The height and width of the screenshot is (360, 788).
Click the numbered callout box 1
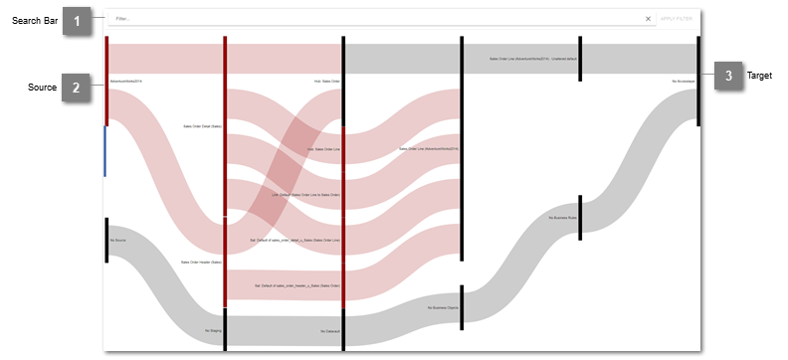[77, 21]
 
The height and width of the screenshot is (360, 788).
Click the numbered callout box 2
[77, 88]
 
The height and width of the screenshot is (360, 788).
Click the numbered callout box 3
[729, 76]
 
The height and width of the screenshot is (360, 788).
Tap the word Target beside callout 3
[761, 76]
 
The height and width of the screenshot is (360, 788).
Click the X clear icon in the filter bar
[648, 19]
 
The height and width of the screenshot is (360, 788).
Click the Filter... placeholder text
[123, 19]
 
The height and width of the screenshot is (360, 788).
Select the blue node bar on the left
[105, 151]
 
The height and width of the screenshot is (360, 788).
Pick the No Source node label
[117, 240]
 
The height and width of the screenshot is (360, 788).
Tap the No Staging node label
[213, 330]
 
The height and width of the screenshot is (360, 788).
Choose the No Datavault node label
[330, 330]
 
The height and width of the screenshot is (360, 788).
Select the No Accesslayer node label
[683, 80]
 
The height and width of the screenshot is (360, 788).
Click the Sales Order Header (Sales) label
[202, 263]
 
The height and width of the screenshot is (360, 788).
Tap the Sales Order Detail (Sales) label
[203, 126]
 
